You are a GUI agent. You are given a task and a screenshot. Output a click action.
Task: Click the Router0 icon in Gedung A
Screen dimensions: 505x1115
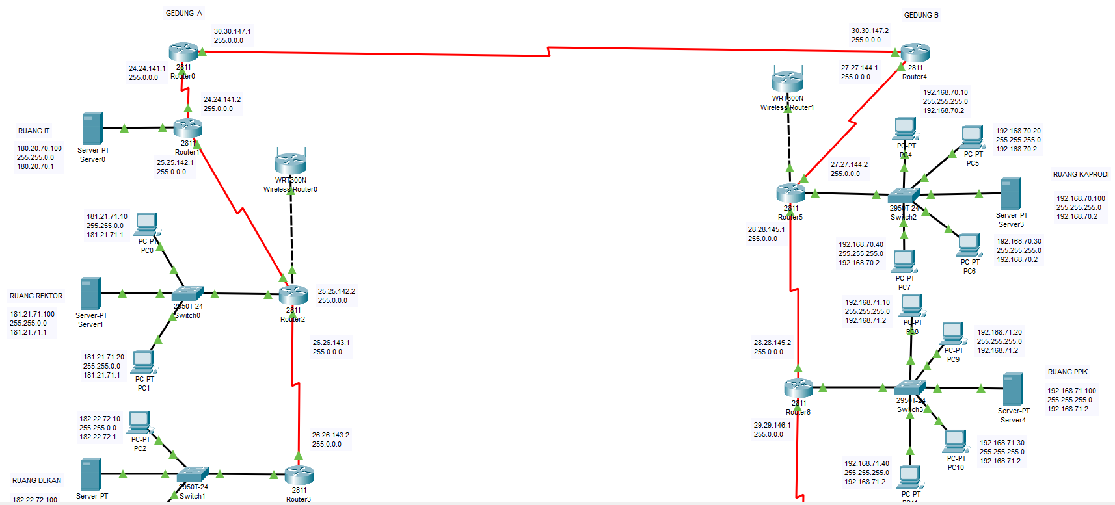[x=183, y=52]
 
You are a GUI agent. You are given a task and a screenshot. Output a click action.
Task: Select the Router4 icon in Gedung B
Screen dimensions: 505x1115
[x=915, y=53]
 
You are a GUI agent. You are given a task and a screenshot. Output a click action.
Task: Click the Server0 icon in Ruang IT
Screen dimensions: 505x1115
[x=92, y=129]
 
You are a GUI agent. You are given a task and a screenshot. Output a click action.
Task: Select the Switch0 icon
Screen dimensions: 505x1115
[x=187, y=294]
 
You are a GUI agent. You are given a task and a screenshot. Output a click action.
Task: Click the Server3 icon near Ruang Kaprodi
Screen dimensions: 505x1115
[x=1011, y=193]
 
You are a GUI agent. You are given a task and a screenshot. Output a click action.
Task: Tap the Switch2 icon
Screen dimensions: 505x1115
[x=904, y=195]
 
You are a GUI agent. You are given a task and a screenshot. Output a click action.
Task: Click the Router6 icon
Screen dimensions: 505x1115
[x=798, y=388]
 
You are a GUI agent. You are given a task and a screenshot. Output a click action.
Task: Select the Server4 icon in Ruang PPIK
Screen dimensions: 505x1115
[x=1013, y=389]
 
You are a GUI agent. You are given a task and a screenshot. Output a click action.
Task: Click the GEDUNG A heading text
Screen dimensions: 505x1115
[x=184, y=13]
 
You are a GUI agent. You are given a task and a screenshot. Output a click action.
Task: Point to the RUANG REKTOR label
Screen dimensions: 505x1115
[x=36, y=296]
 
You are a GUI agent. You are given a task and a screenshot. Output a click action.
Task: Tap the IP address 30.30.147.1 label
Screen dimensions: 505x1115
[x=232, y=31]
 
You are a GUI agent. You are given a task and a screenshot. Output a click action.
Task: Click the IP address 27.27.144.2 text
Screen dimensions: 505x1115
[x=849, y=165]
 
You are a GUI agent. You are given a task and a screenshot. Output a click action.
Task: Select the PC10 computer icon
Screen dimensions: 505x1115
[x=955, y=441]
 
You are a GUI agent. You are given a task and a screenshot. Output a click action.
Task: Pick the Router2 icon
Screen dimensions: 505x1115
[x=293, y=295]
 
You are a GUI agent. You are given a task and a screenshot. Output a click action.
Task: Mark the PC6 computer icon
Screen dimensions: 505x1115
[x=969, y=246]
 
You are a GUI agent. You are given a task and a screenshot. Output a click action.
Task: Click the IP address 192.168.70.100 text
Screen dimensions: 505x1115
[x=1081, y=198]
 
